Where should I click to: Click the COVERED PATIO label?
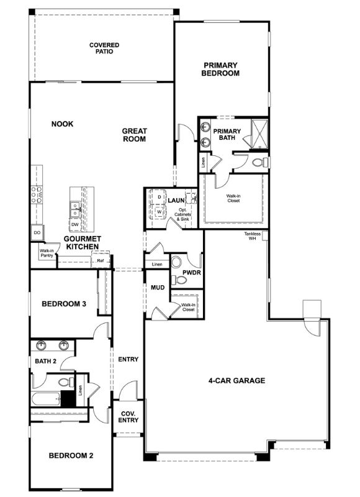tap(104, 48)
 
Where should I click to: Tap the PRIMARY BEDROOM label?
tap(220, 68)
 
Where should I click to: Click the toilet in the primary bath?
tap(261, 163)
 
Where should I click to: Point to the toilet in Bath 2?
tap(65, 383)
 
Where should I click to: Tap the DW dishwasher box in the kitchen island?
tap(74, 224)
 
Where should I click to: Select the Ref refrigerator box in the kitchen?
tap(101, 261)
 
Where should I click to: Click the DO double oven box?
tap(37, 232)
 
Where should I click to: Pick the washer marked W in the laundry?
tap(159, 211)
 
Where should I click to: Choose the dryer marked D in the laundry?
tap(159, 197)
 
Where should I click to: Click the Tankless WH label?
tap(252, 236)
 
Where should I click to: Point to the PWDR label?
tap(191, 273)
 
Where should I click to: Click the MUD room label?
tap(157, 288)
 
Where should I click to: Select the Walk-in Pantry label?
tap(47, 253)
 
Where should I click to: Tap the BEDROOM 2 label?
tap(71, 455)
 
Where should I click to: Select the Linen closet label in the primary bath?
tap(202, 163)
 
